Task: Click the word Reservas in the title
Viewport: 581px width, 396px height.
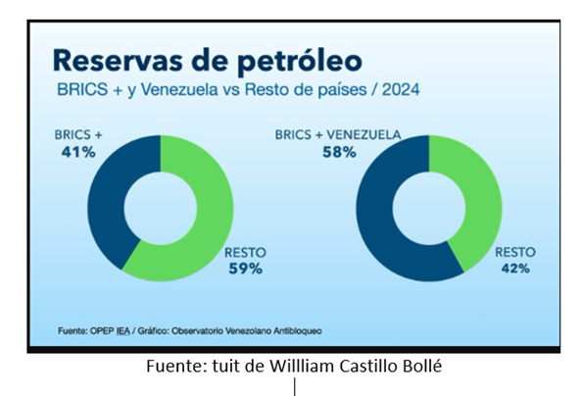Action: pyautogui.click(x=118, y=60)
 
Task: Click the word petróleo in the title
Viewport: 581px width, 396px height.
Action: pyautogui.click(x=299, y=61)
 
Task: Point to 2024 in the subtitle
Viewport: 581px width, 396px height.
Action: pyautogui.click(x=401, y=89)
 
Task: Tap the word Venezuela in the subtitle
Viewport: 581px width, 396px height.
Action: pyautogui.click(x=179, y=89)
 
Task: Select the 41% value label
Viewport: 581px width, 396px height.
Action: pyautogui.click(x=78, y=152)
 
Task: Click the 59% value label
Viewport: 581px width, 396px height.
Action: pyautogui.click(x=246, y=269)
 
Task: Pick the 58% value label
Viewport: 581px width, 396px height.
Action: pyautogui.click(x=339, y=152)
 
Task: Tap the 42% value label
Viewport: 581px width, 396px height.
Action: pyautogui.click(x=515, y=268)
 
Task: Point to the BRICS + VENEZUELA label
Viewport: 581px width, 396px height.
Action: pyautogui.click(x=338, y=134)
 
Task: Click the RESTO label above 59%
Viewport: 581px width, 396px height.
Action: pyautogui.click(x=245, y=253)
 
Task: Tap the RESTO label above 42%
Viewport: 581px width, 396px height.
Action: pyautogui.click(x=515, y=252)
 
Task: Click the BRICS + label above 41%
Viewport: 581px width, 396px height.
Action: pyautogui.click(x=78, y=134)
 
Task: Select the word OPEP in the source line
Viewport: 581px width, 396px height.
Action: pyautogui.click(x=102, y=330)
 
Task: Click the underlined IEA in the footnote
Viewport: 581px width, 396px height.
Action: pyautogui.click(x=123, y=330)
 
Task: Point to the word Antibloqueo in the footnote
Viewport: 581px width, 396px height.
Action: pyautogui.click(x=298, y=330)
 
